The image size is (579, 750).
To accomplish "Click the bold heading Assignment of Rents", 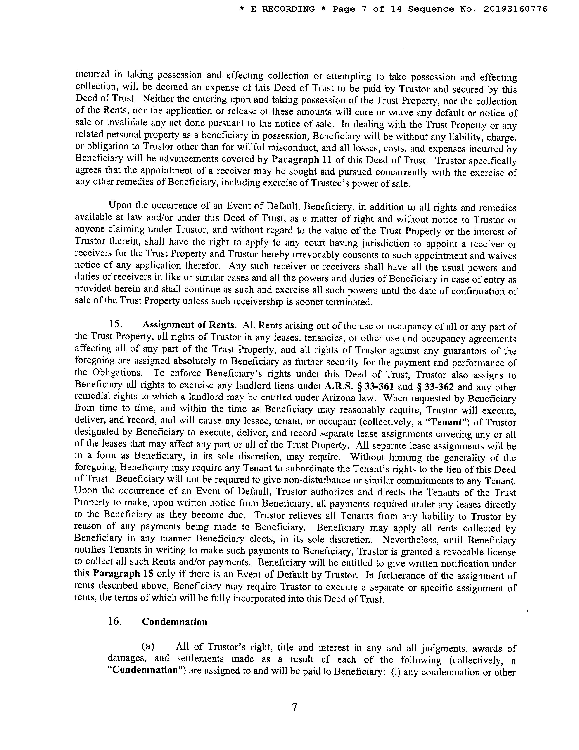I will (189, 325).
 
